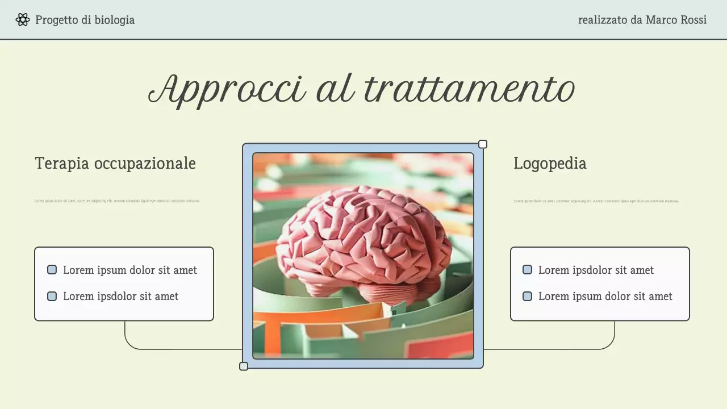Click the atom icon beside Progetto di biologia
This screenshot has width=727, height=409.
(x=23, y=20)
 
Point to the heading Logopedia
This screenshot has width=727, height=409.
(x=550, y=164)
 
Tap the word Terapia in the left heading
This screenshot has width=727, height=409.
(x=62, y=164)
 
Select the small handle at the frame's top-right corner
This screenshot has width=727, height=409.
(x=483, y=144)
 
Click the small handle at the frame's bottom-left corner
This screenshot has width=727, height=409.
(x=244, y=366)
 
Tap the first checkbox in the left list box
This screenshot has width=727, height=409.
(x=52, y=270)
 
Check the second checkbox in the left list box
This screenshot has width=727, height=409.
(x=52, y=296)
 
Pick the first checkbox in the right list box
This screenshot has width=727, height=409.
(x=528, y=270)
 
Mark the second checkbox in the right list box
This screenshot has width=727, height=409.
(x=528, y=296)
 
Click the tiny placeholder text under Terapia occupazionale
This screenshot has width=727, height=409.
(x=117, y=201)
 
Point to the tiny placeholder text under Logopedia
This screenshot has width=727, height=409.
(x=596, y=201)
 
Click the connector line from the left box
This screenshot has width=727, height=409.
(x=170, y=349)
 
